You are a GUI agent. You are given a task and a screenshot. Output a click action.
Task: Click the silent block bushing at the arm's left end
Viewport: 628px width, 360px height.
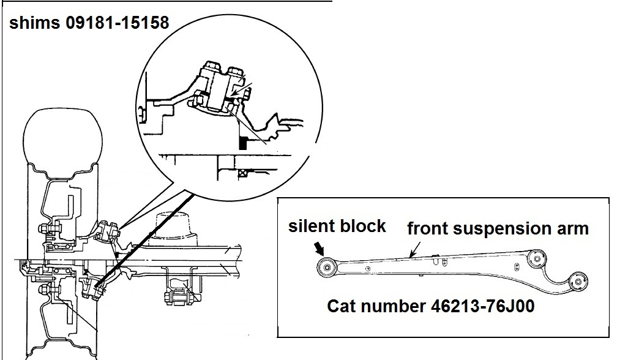(x=325, y=266)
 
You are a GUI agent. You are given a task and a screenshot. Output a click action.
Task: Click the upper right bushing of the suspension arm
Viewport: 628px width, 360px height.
(x=537, y=258)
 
